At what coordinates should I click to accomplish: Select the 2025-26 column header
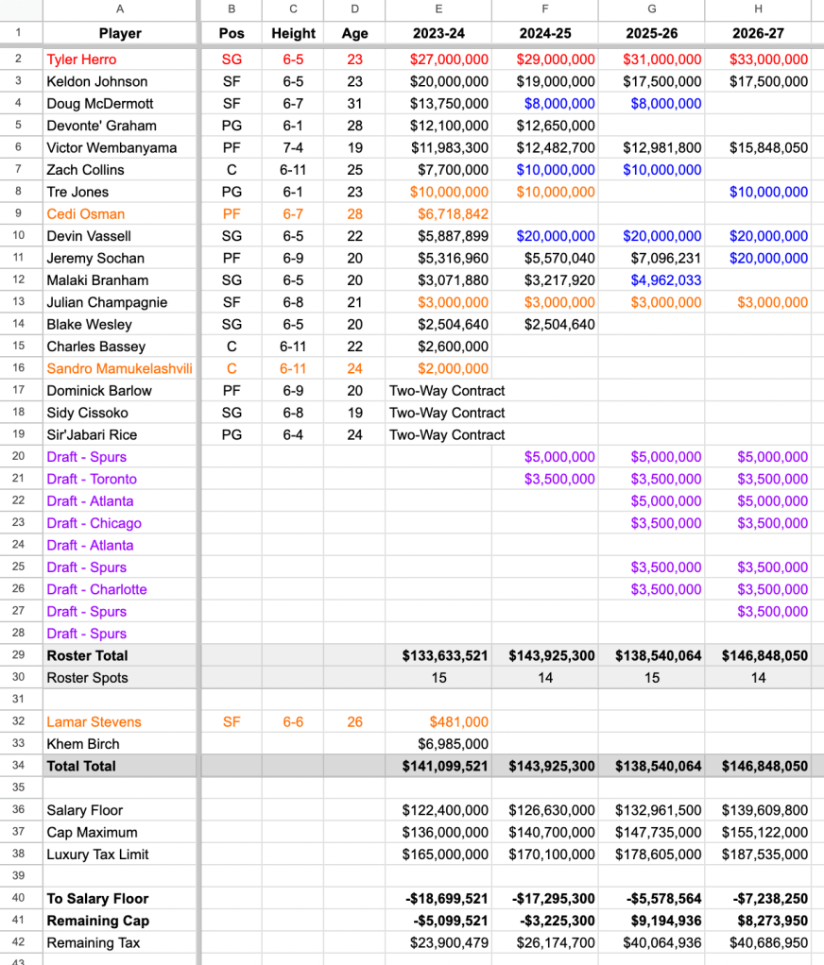[651, 33]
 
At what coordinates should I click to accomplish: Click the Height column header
[293, 33]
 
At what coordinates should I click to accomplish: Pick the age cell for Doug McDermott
[354, 104]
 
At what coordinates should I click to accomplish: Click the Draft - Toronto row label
[92, 479]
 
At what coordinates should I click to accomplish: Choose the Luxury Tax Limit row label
[97, 855]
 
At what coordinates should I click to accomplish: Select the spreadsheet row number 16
[18, 368]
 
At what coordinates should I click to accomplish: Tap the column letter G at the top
[651, 8]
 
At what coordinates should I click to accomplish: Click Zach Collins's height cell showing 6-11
[293, 170]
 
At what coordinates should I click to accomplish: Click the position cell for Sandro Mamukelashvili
[231, 368]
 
